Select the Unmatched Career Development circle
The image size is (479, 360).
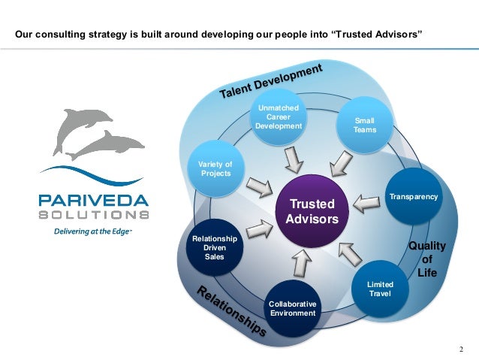[279, 119]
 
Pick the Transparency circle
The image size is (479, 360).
[413, 197]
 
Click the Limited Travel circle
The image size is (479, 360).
[380, 288]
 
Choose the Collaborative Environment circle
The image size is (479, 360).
[293, 307]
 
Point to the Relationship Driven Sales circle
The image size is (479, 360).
[215, 248]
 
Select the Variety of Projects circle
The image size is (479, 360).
[215, 169]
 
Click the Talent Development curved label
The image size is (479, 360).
[271, 80]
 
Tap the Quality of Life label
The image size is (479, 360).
[426, 259]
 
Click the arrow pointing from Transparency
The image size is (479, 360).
[366, 201]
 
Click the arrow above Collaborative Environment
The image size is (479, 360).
[301, 262]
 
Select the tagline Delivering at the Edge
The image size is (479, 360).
[91, 232]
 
